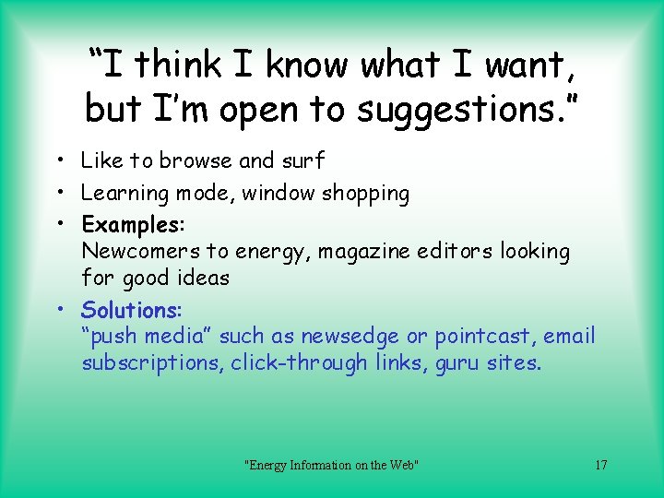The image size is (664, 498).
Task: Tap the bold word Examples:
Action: coord(133,224)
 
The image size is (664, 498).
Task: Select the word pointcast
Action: coord(483,336)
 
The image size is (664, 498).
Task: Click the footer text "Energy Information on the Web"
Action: coord(331,465)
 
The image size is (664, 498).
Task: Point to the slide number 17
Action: coord(600,465)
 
